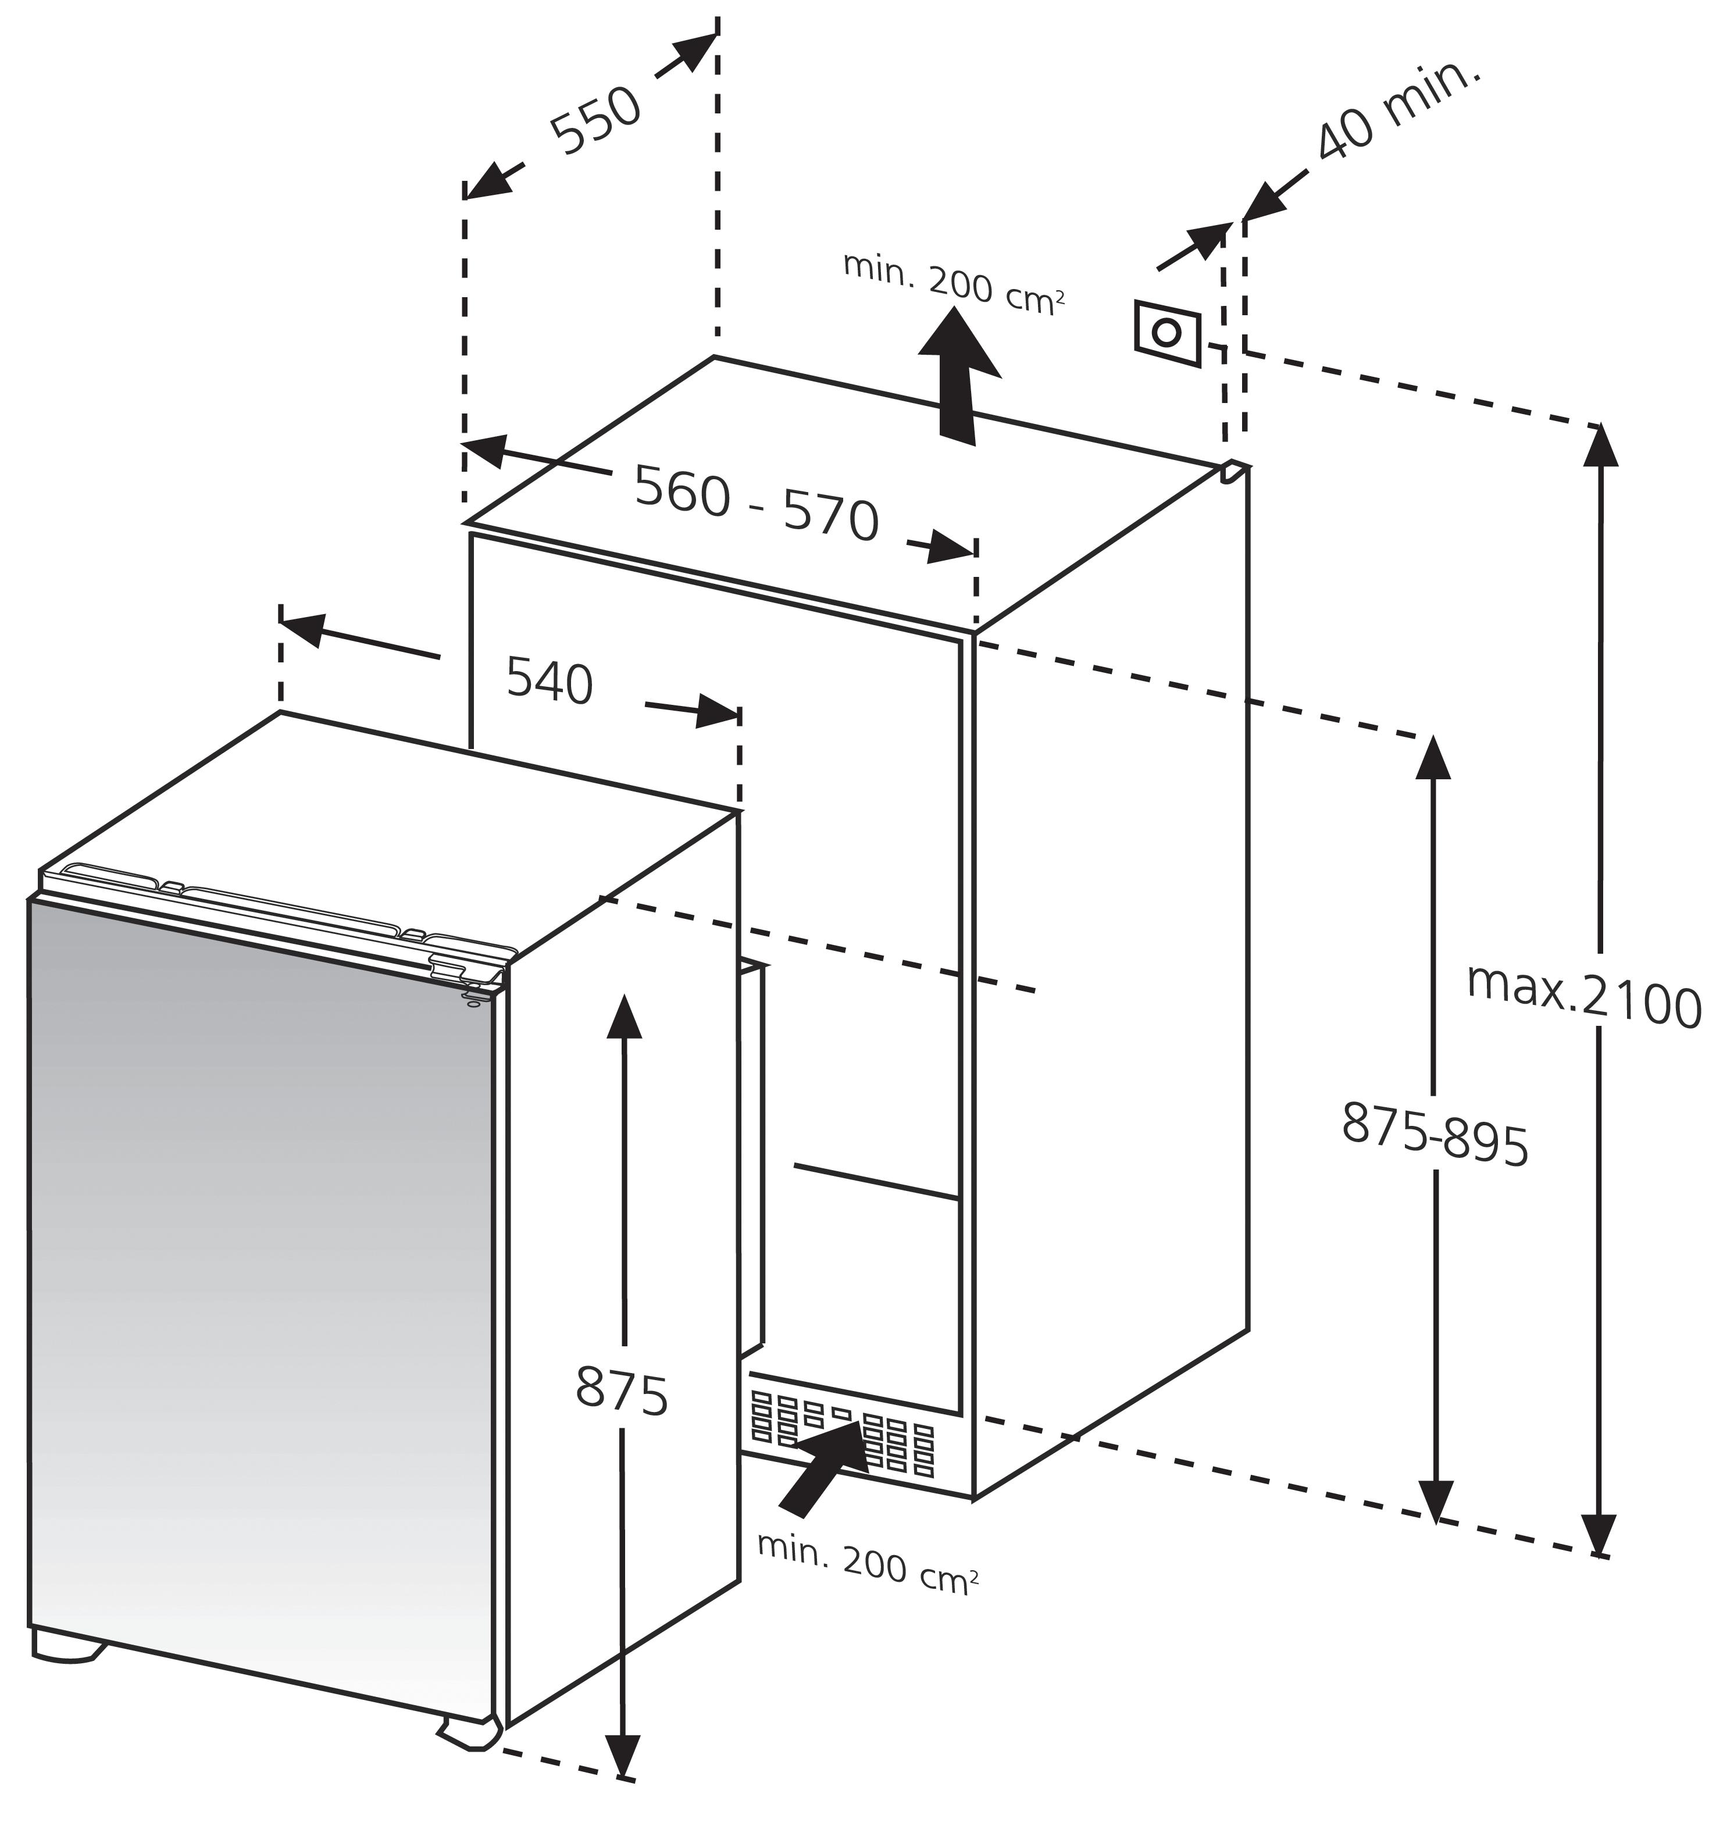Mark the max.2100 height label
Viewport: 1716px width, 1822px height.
click(x=1584, y=1006)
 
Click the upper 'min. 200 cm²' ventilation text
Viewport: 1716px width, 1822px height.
click(x=953, y=284)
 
